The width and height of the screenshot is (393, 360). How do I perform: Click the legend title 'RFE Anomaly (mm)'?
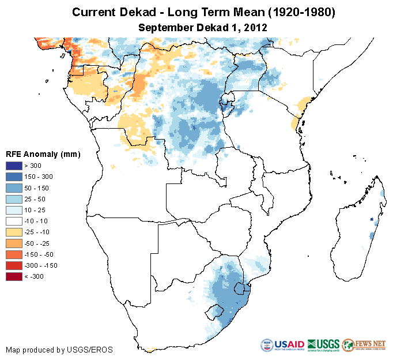click(x=43, y=155)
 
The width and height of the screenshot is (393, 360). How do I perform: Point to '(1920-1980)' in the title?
click(x=297, y=12)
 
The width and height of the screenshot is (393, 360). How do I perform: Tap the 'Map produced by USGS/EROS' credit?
click(x=59, y=350)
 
